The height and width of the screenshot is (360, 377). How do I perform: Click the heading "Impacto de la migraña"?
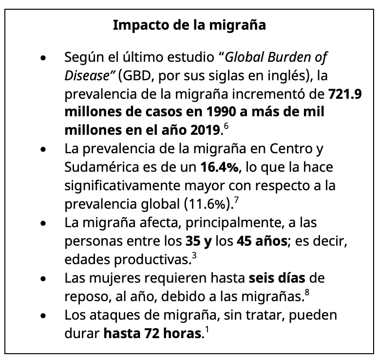pos(189,25)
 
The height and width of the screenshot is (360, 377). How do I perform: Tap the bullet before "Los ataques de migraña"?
pos(44,315)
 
